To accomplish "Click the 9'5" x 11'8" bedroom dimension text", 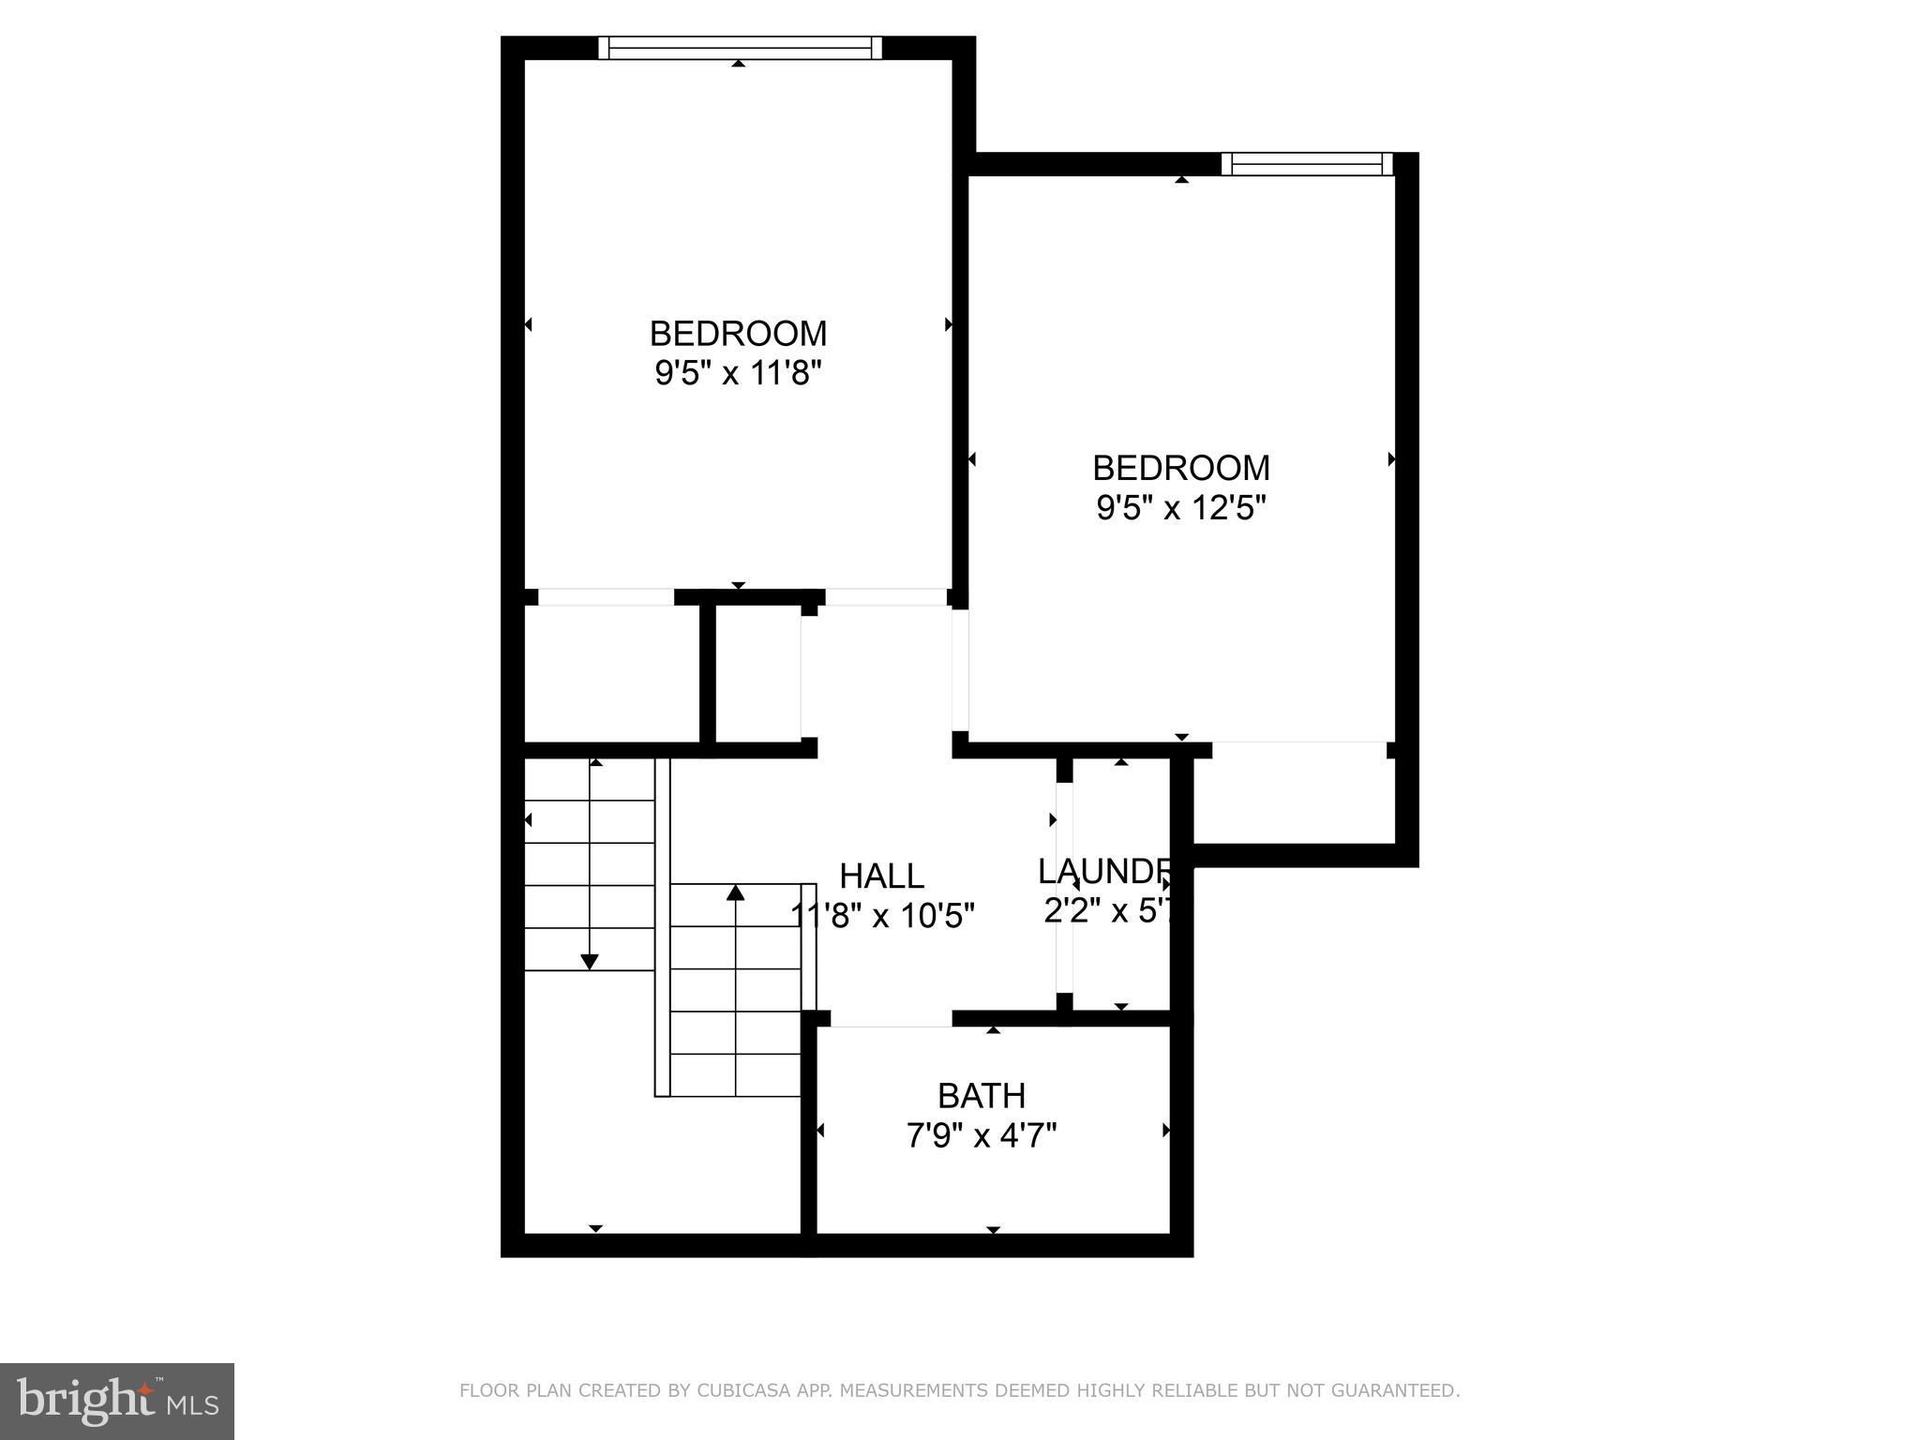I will coord(738,374).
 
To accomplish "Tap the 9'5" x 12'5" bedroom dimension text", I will coord(1180,508).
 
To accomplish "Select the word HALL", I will coord(881,877).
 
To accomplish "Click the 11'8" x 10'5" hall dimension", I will coord(883,916).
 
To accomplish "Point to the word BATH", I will coord(982,1096).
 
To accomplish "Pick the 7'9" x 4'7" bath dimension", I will coord(982,1136).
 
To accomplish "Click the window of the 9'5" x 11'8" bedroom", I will coord(740,48).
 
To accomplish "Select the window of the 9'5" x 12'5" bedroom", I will coord(1307,164).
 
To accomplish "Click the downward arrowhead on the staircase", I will coord(590,961).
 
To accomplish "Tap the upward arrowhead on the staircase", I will coord(736,892).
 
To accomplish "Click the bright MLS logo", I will coord(117,1402).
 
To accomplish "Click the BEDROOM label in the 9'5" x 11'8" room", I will coord(738,334).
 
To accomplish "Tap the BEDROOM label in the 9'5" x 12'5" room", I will coord(1180,468).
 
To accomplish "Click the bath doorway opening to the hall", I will coord(891,1020).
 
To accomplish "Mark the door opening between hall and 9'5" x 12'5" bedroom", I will coord(960,670).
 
